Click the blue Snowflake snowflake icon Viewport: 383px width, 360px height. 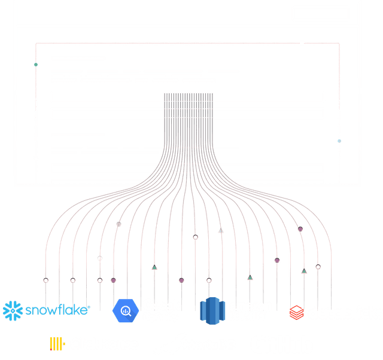[12, 310]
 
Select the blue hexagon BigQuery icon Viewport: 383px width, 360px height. [126, 310]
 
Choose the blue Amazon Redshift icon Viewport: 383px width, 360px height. [212, 311]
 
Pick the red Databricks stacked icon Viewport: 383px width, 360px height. [297, 312]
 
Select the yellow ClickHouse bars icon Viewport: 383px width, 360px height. [57, 343]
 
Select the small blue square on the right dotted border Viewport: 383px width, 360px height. [339, 141]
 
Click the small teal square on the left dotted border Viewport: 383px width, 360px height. [35, 63]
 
